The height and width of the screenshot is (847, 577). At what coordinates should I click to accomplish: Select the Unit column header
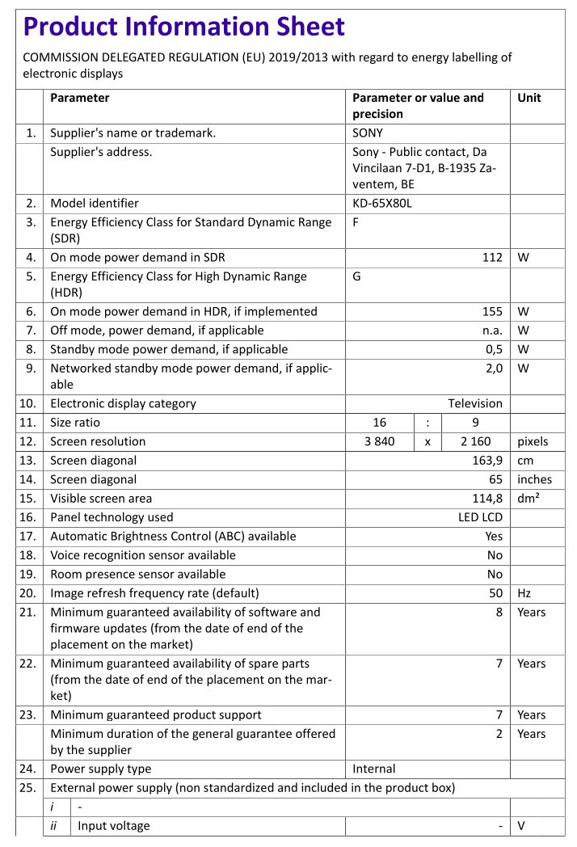click(529, 98)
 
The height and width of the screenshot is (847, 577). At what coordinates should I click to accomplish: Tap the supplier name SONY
click(368, 133)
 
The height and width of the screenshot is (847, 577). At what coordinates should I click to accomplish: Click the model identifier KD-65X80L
click(382, 203)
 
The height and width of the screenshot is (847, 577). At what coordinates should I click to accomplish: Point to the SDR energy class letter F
click(356, 222)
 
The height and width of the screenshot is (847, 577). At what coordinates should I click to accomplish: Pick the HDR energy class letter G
click(357, 276)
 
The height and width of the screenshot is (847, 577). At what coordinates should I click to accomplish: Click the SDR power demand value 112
click(492, 257)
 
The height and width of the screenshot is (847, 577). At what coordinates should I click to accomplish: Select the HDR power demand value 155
click(492, 311)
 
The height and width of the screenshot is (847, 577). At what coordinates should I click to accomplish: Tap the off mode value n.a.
click(492, 331)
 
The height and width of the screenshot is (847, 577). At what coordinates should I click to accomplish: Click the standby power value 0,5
click(494, 349)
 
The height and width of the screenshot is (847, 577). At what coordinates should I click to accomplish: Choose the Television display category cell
click(475, 403)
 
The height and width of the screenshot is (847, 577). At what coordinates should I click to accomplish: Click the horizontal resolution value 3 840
click(380, 441)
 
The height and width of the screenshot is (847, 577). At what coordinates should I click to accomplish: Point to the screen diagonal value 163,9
click(487, 460)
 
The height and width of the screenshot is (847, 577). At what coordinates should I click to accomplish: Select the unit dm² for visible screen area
click(529, 498)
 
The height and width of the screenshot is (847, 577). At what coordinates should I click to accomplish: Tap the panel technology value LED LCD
click(480, 517)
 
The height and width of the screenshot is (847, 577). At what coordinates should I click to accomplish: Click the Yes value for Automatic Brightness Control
click(494, 536)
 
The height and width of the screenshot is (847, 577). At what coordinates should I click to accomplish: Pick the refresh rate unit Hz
click(524, 593)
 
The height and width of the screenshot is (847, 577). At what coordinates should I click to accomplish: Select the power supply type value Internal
click(374, 769)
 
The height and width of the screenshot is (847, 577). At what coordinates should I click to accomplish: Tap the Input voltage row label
click(114, 825)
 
